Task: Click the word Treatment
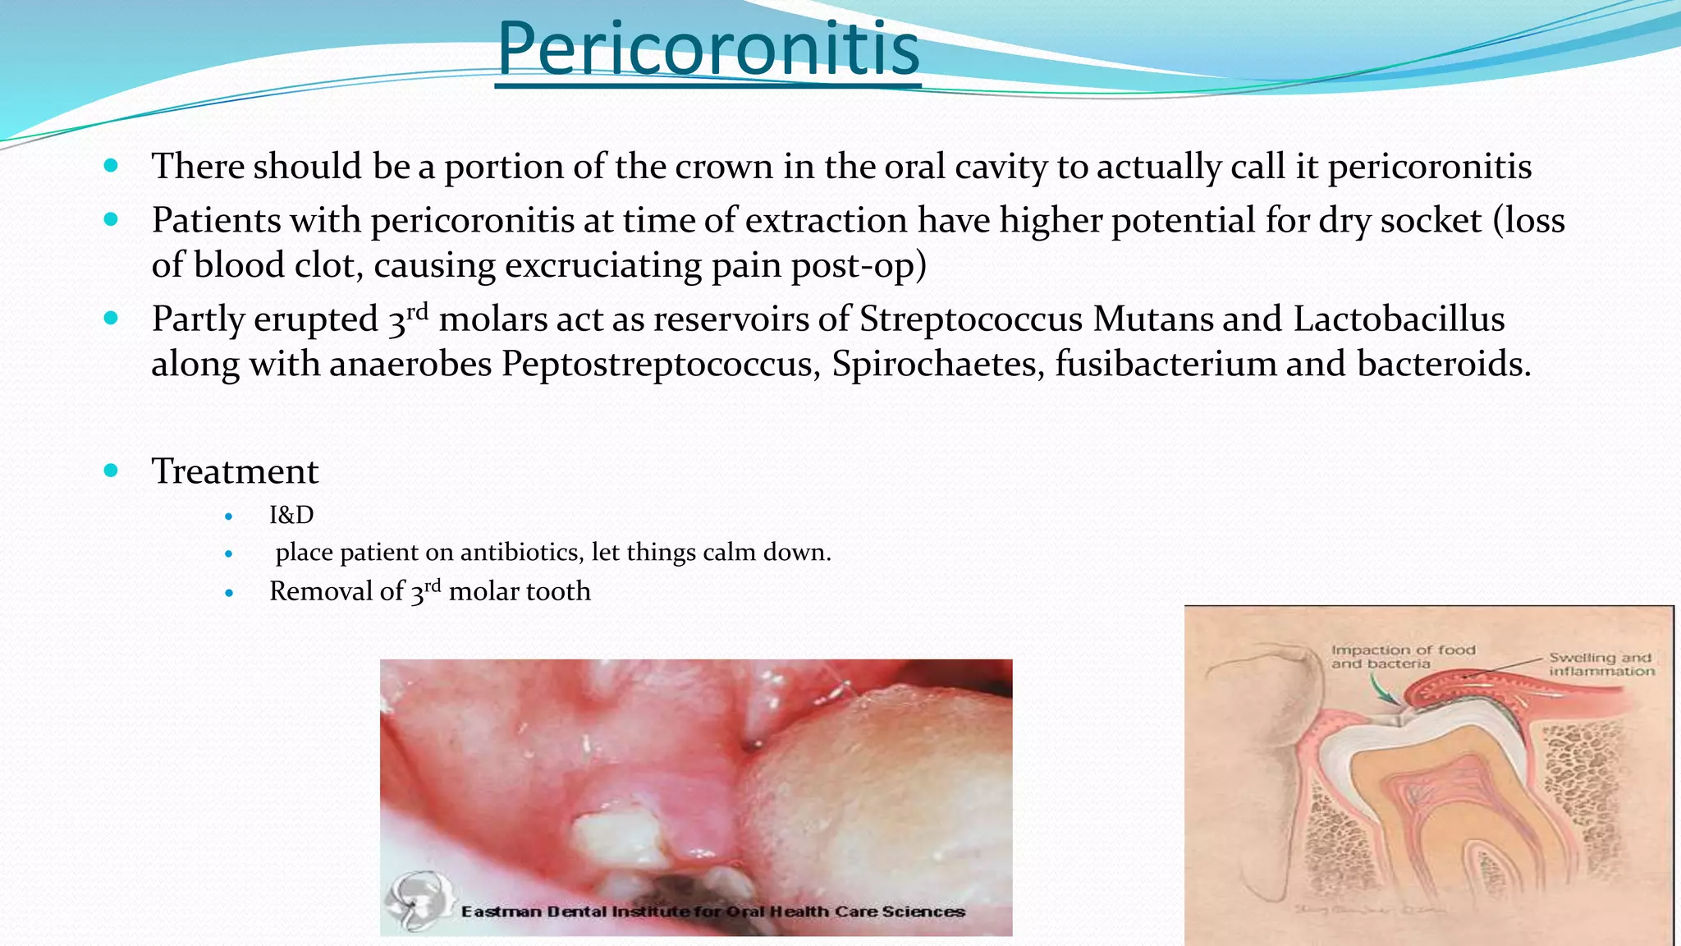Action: [235, 471]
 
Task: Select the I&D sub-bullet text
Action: [291, 515]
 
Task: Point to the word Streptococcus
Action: [971, 319]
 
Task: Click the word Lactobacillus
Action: [1399, 319]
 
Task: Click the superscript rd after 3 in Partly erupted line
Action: [418, 311]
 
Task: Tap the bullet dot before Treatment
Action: [112, 471]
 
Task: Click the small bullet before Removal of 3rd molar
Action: [229, 592]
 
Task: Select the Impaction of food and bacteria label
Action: [1403, 656]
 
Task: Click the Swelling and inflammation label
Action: [1601, 664]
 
